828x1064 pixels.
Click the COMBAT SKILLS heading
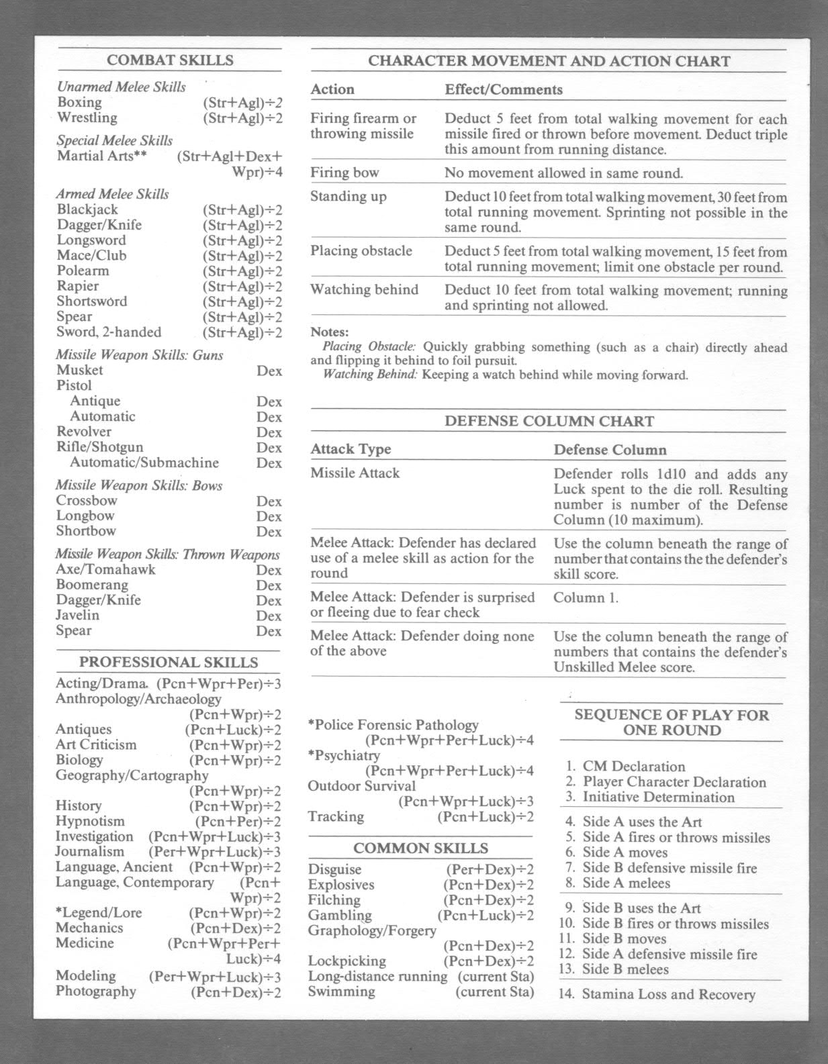coord(170,60)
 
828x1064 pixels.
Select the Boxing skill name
coord(79,103)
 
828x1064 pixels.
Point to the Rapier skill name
coord(77,286)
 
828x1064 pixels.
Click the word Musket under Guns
coord(79,370)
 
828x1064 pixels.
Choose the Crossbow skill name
coord(87,501)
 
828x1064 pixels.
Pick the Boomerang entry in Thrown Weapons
coord(92,585)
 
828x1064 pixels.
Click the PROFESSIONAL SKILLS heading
coord(169,663)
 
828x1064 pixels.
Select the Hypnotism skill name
coord(90,821)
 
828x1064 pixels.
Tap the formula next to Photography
coord(236,992)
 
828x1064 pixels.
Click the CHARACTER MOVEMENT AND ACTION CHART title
coord(549,61)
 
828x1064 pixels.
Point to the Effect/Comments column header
coord(504,89)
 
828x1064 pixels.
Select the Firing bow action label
coord(344,173)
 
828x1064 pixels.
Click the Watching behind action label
coord(364,290)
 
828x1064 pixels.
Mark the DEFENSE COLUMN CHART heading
coord(549,422)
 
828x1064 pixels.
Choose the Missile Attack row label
coord(355,473)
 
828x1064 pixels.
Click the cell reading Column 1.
coord(586,598)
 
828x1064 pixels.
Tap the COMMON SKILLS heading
coord(420,849)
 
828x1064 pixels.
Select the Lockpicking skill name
coord(347,961)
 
